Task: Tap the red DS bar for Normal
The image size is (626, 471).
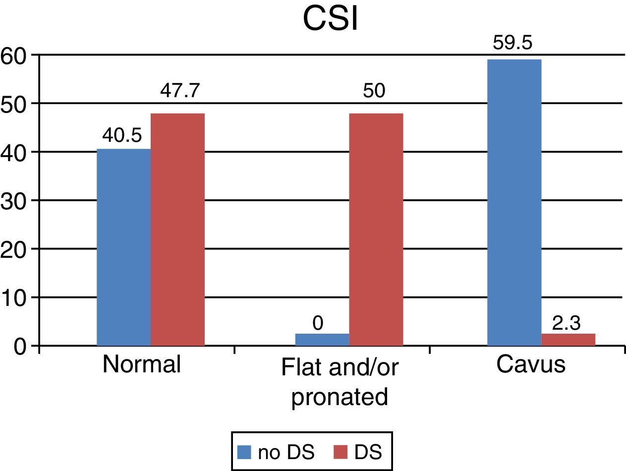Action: click(177, 229)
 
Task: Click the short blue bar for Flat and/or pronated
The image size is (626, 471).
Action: click(322, 339)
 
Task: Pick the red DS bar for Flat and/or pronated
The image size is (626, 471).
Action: click(376, 229)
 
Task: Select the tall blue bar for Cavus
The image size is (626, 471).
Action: click(514, 202)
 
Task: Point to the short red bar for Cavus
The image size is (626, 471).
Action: click(568, 339)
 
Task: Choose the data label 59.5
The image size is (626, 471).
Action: click(512, 43)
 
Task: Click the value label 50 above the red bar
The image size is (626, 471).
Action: click(374, 92)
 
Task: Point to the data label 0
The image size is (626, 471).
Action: click(318, 323)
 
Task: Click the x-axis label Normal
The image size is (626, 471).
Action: click(141, 364)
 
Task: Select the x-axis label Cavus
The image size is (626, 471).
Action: click(530, 364)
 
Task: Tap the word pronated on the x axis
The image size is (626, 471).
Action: click(340, 397)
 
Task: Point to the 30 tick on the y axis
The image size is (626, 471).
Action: click(12, 200)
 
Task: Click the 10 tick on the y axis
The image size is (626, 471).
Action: click(12, 297)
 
